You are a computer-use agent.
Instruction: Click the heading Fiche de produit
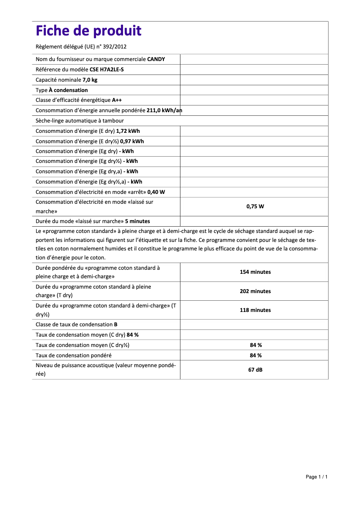point(88,31)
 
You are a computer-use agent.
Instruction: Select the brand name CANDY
point(156,59)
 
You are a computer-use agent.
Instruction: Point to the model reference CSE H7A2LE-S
point(106,70)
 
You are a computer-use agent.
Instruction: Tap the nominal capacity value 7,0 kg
point(90,80)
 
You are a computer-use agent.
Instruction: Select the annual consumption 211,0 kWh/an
point(164,110)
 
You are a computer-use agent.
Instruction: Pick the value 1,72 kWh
point(127,131)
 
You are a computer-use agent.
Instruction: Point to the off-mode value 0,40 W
point(156,192)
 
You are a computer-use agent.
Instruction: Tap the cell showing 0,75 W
point(255,206)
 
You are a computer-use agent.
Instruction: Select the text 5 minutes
point(137,221)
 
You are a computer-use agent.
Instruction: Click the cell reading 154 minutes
point(255,272)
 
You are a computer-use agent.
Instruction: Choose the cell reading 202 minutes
point(255,291)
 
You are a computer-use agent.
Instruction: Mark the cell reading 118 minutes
point(255,310)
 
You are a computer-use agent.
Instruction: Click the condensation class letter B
point(116,325)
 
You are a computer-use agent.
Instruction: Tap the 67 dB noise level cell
point(255,370)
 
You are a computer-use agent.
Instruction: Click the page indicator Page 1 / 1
point(316,477)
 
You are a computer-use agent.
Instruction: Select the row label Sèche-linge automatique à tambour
point(79,121)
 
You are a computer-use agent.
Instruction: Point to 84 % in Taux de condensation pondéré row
point(255,355)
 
